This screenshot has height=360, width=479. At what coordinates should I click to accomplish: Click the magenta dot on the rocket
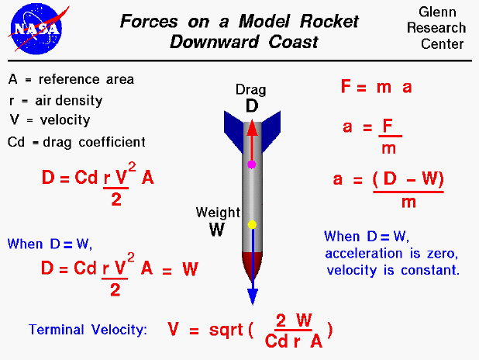(x=251, y=164)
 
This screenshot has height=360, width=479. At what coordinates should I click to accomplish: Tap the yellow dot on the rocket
(x=251, y=224)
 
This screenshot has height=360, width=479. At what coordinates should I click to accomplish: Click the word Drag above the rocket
(x=251, y=90)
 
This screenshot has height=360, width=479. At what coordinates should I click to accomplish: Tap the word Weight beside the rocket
(x=212, y=212)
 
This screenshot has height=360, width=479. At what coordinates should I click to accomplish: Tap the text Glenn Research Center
(x=442, y=29)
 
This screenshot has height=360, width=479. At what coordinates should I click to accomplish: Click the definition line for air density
(x=55, y=100)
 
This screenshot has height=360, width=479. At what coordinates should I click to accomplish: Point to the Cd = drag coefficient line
(x=76, y=142)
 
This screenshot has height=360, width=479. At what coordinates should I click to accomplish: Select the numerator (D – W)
(x=408, y=179)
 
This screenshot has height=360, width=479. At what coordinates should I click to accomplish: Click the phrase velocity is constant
(x=392, y=271)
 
